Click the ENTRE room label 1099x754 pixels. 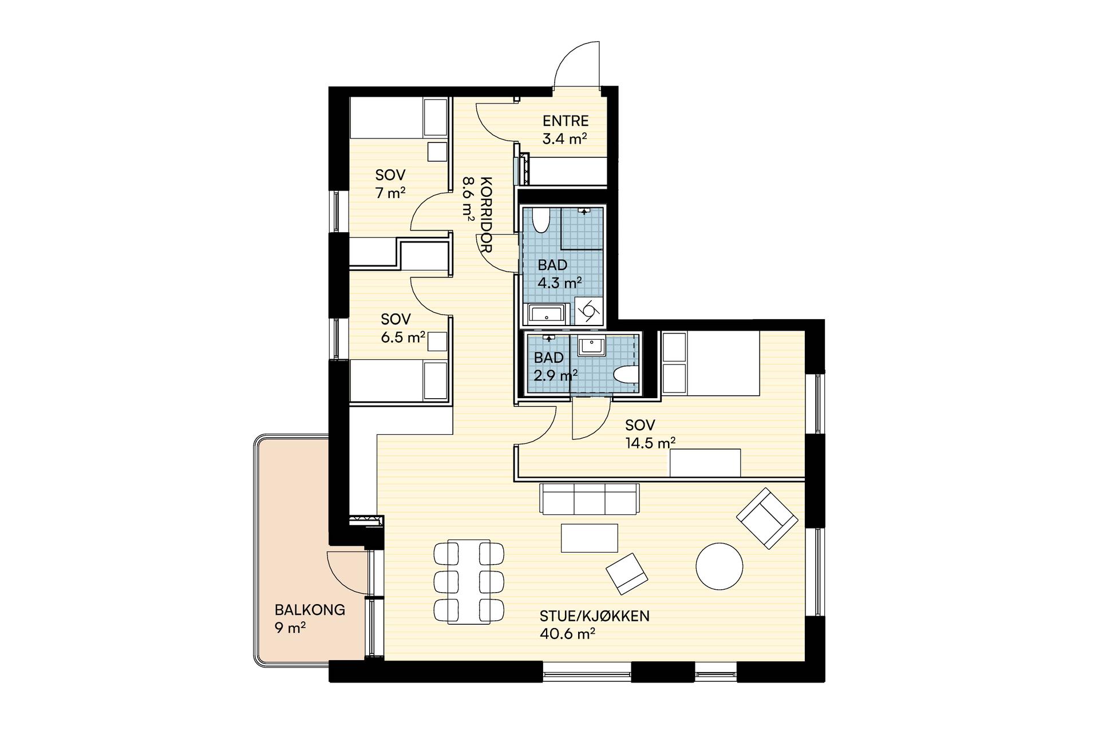coord(566,121)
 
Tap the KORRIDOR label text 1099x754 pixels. coord(486,215)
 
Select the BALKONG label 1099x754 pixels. coord(310,610)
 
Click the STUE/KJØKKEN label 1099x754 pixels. coord(594,616)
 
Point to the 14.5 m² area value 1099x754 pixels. coord(650,443)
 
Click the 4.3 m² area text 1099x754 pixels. coord(560,283)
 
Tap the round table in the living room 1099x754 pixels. coord(720,566)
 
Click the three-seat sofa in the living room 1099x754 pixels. coord(590,499)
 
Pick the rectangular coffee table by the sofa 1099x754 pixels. coord(590,538)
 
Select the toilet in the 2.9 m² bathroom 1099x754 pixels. coord(625,375)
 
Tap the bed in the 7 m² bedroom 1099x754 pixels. coord(398,117)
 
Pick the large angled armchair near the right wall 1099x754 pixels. coord(767,518)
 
